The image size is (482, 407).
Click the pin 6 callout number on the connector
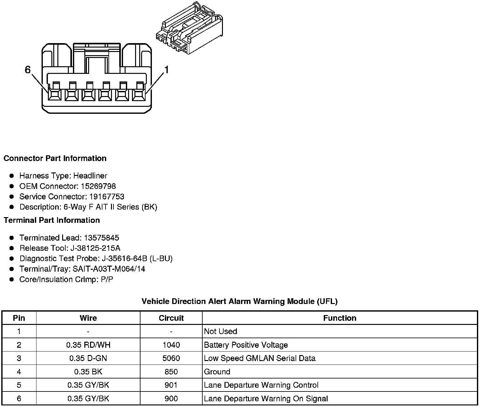point(28,70)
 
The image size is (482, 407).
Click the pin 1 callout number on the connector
point(166,70)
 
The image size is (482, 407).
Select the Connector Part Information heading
point(55,158)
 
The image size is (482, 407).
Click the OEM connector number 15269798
point(98,186)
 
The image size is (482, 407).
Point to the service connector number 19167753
point(107,197)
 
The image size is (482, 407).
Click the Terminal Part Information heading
point(52,220)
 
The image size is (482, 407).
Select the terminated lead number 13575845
point(101,238)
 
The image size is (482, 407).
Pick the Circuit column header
point(171,318)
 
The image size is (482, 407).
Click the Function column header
point(340,318)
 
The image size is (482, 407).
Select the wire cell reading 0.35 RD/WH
point(88,345)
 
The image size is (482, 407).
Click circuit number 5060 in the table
point(171,358)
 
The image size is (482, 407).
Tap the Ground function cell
point(217,371)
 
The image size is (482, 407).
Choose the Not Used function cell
point(221,332)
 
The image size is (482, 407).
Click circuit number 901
point(171,385)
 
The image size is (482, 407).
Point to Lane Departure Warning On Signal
point(266,398)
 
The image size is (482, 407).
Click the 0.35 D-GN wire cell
point(88,358)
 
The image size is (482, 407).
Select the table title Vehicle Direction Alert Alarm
point(239,301)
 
